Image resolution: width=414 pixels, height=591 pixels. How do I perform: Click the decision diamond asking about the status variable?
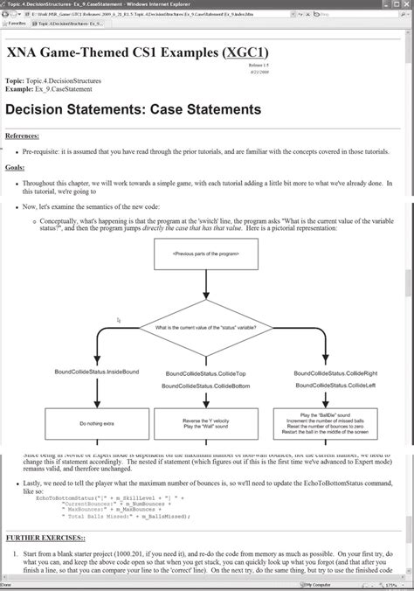click(206, 328)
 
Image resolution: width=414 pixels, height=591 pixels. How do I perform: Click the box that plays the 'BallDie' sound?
click(324, 425)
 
